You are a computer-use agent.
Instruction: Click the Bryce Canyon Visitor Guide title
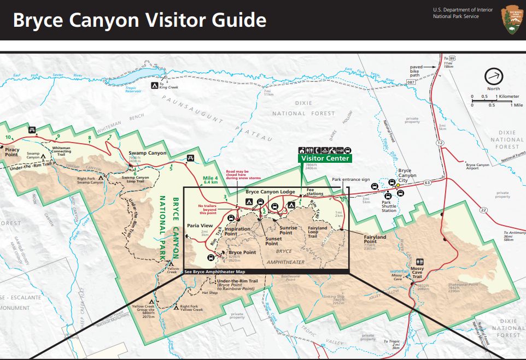pyautogui.click(x=139, y=20)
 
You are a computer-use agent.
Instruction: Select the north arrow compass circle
pyautogui.click(x=493, y=76)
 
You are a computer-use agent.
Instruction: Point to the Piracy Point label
pyautogui.click(x=11, y=151)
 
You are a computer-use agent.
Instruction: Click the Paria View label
pyautogui.click(x=200, y=225)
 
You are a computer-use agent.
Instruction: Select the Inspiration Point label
pyautogui.click(x=238, y=232)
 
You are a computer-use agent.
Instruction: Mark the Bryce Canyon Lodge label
pyautogui.click(x=270, y=192)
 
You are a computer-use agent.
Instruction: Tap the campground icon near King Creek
pyautogui.click(x=155, y=86)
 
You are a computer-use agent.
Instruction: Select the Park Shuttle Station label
pyautogui.click(x=389, y=208)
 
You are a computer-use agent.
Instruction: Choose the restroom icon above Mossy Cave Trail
pyautogui.click(x=419, y=262)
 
